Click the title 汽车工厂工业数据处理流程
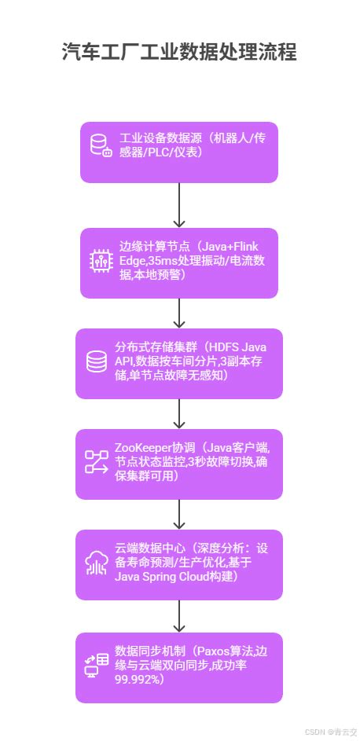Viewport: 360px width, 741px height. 179,53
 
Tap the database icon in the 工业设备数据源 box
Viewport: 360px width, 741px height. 101,146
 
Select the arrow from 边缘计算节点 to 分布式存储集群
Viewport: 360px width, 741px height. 180,312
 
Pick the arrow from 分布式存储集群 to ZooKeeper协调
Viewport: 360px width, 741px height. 180,413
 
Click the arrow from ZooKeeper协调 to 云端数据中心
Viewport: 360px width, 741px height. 180,514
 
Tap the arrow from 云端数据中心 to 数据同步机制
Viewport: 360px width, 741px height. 180,614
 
